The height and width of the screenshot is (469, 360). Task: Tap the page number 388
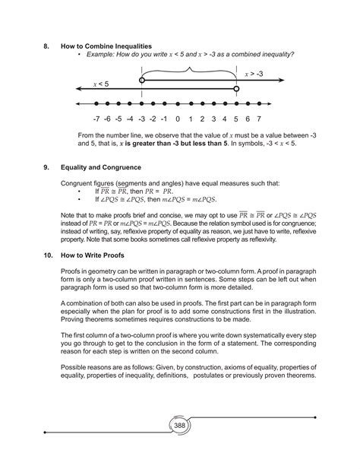tap(180, 426)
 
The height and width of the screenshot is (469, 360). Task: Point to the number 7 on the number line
tap(259, 119)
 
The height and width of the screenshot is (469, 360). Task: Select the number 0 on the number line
tap(178, 119)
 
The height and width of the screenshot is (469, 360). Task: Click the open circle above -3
tap(141, 80)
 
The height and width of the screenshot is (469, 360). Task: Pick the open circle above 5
tap(236, 89)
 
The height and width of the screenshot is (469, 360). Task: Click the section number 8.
tap(46, 47)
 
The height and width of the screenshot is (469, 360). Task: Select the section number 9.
tap(46, 166)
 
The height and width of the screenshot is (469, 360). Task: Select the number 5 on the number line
tap(236, 119)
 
